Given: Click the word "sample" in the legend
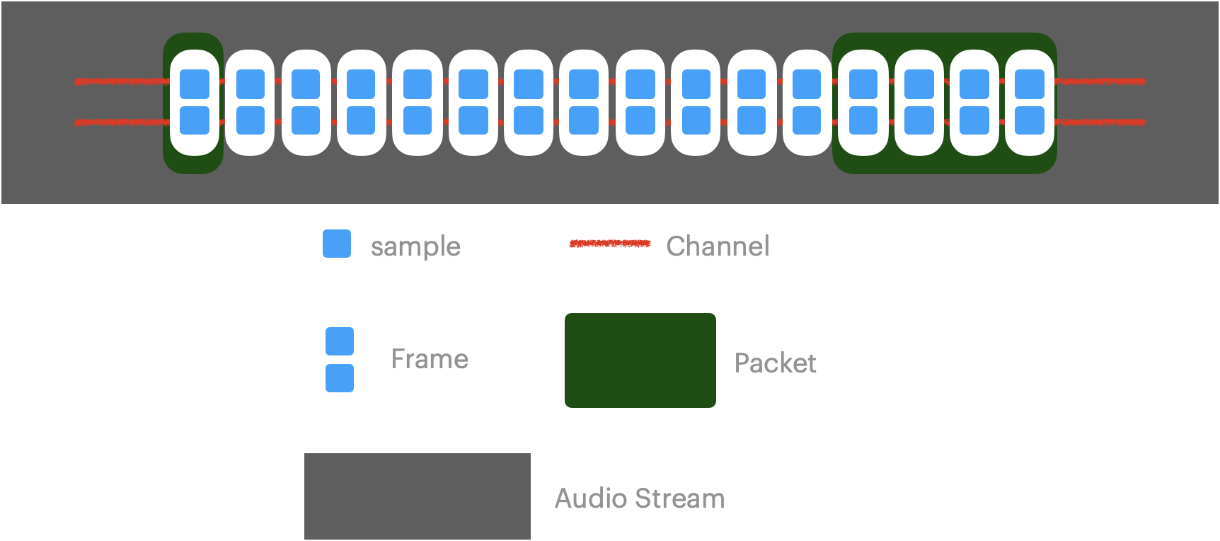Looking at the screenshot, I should coord(415,246).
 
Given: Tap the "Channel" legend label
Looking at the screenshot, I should coord(717,246).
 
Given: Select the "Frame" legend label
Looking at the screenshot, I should coord(430,359).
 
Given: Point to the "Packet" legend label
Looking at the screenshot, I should coord(775,363).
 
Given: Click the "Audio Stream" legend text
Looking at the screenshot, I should coord(639,499).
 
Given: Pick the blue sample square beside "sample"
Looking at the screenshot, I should coord(337,244).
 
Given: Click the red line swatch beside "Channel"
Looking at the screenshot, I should coord(609,244).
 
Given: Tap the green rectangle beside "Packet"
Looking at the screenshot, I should coord(640,360).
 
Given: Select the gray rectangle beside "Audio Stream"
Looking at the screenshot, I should coord(417,496).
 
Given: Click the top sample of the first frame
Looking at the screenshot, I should coord(195,84).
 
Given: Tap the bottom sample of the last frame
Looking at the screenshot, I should coord(1030,120).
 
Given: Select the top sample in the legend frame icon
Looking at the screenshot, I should coord(340,341).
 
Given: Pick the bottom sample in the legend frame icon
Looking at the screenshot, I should coord(340,378).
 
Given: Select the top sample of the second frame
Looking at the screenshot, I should coord(250,84).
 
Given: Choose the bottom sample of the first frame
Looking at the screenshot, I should coord(195,120).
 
